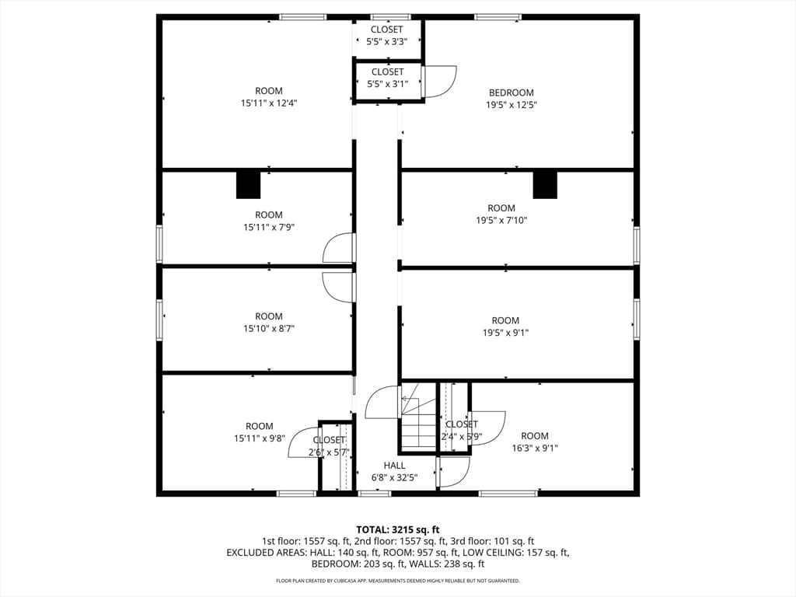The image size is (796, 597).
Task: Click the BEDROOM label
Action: click(511, 93)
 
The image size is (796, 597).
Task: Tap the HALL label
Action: click(394, 466)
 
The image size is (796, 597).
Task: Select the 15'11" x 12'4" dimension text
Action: click(269, 103)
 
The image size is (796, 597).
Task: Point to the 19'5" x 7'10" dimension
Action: click(501, 220)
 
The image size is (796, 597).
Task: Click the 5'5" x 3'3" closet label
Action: click(387, 42)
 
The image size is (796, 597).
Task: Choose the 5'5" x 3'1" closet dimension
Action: click(388, 84)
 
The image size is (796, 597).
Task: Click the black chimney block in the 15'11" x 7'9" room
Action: click(248, 185)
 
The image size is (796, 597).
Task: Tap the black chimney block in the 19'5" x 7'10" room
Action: click(545, 185)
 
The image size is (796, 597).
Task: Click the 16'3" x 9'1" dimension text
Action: click(535, 448)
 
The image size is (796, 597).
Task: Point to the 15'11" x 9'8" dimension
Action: click(260, 438)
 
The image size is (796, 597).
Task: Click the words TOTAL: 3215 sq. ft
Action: click(397, 530)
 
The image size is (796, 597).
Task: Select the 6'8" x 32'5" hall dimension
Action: click(394, 478)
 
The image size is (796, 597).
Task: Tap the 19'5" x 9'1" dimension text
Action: click(505, 333)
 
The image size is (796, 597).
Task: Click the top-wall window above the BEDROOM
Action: click(498, 17)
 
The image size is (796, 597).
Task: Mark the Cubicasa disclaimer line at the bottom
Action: click(397, 581)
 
